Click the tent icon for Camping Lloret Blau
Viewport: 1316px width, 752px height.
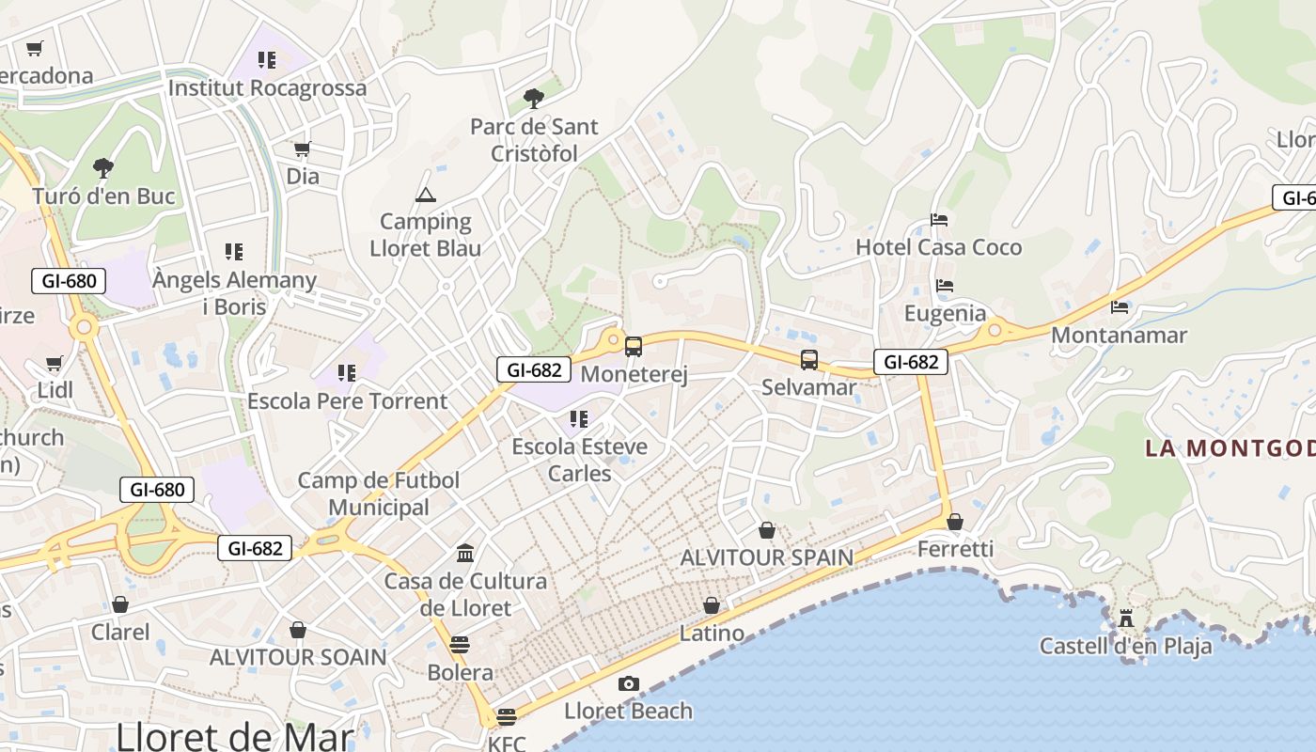426,196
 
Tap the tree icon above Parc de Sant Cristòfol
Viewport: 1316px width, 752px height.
533,98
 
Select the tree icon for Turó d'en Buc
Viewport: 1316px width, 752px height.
103,168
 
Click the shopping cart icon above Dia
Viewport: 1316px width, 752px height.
302,149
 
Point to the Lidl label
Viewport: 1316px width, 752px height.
55,390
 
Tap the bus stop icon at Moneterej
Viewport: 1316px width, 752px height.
634,347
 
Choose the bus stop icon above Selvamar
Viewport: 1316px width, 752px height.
809,359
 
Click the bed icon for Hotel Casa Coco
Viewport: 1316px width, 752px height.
938,220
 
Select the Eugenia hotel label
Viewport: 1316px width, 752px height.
945,313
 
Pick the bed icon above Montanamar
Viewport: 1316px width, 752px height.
1119,307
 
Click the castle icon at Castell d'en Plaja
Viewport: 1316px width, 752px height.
1125,619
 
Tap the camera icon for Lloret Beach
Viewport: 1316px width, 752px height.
628,683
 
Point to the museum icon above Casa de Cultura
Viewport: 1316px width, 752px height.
464,553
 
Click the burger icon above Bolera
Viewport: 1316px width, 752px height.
459,645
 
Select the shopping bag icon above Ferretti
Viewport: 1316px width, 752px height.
955,522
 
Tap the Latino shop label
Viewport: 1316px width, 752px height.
712,633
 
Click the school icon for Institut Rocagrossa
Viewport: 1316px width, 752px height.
267,60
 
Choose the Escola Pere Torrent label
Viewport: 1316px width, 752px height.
347,401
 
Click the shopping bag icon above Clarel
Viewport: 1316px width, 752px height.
119,604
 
